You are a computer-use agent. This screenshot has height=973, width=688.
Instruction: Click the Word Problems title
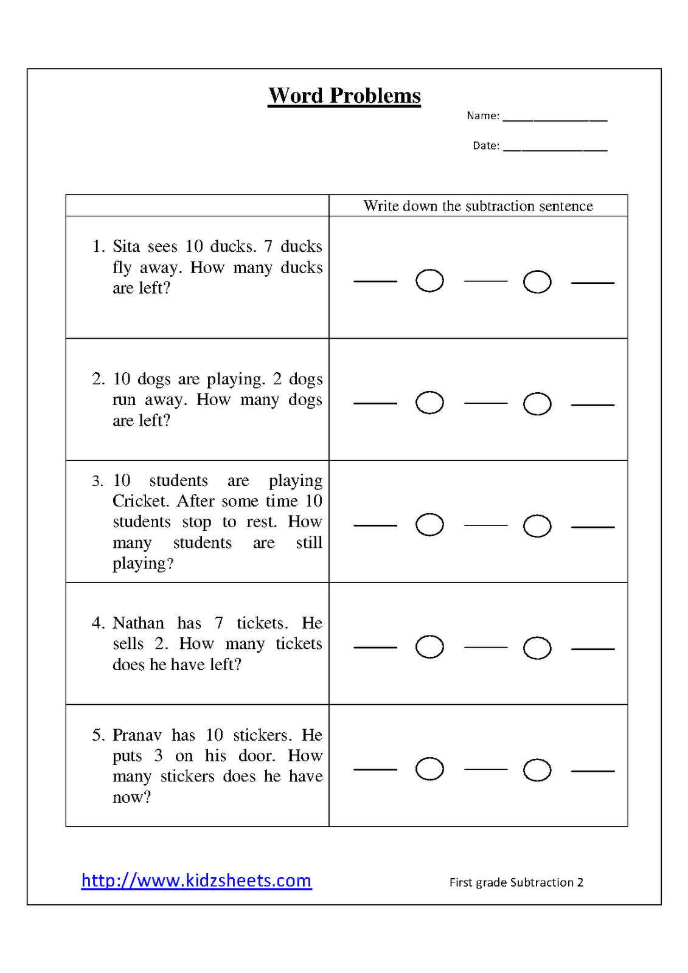(x=344, y=96)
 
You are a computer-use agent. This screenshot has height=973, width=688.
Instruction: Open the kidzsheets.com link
(x=196, y=881)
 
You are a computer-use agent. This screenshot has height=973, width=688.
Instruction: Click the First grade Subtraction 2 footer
(x=516, y=882)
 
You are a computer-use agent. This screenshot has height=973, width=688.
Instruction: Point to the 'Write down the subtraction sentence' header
(x=478, y=206)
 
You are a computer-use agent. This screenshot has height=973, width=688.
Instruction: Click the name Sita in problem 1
(x=126, y=246)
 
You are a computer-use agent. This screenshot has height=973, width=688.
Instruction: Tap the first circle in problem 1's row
(x=429, y=281)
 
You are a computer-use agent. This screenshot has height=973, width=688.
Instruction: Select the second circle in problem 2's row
(x=537, y=404)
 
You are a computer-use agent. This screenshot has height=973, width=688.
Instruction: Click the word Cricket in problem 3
(x=142, y=501)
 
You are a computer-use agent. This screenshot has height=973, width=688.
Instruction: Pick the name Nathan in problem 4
(x=138, y=623)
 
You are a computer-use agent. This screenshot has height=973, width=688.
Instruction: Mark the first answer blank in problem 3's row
(x=375, y=525)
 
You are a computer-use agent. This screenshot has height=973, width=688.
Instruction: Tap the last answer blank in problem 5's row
(x=592, y=770)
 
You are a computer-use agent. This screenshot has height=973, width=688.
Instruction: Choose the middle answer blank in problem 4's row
(x=485, y=647)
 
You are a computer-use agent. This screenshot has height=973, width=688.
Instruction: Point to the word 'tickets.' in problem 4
(x=262, y=623)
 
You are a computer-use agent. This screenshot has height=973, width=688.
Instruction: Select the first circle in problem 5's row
(x=429, y=769)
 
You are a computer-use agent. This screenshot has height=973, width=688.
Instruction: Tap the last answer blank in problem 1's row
(x=592, y=283)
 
